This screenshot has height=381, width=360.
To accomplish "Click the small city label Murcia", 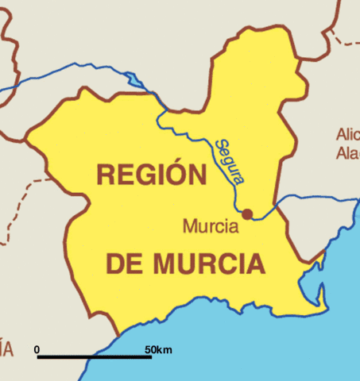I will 211,227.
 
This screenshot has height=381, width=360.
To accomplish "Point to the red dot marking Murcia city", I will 247,214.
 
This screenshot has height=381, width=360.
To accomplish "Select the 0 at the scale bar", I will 37,349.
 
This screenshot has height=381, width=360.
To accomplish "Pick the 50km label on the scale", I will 158,349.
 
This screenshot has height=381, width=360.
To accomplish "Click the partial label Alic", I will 347,133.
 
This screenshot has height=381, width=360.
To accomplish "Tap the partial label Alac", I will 347,152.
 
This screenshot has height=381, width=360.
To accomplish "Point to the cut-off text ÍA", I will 6,347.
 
